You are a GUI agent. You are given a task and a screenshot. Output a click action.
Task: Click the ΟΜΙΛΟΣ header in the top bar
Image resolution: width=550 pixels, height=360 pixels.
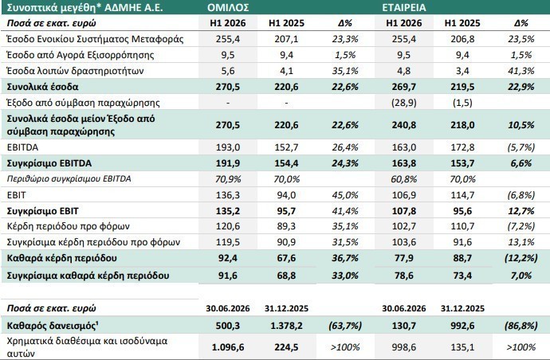228,7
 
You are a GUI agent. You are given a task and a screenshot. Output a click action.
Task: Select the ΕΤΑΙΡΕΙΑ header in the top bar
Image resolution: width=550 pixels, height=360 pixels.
404,7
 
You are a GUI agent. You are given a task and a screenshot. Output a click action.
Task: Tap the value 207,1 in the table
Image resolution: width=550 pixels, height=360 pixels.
287,39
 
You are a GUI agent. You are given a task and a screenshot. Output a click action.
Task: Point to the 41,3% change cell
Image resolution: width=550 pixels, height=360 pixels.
521,71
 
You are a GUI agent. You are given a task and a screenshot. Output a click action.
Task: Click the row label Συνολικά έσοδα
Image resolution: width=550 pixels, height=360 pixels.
43,87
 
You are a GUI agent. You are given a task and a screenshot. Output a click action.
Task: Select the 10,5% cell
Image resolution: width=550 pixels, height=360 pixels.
521,125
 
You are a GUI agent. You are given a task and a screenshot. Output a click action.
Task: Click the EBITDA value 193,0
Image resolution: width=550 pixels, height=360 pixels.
228,147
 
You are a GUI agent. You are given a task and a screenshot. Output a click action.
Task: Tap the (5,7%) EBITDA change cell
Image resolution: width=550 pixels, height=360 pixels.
521,147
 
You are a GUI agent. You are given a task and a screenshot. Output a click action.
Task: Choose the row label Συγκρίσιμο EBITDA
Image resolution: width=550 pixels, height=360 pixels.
49,163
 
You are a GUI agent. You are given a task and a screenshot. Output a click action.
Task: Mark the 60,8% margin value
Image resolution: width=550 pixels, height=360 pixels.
403,179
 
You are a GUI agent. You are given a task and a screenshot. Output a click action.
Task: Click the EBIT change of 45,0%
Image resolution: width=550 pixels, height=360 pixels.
345,195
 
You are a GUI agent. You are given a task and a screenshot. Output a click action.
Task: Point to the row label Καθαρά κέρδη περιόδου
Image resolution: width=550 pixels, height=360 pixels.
61,258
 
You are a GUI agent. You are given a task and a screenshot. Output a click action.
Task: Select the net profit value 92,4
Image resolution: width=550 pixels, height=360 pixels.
228,258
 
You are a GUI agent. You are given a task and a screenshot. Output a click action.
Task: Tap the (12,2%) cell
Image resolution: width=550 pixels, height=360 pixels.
521,258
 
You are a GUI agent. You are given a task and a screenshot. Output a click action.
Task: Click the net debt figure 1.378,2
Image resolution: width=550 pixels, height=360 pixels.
287,326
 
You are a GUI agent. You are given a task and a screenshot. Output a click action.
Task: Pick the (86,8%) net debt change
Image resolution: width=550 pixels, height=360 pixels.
521,326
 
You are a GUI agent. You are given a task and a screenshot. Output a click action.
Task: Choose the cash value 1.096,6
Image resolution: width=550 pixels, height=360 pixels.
228,347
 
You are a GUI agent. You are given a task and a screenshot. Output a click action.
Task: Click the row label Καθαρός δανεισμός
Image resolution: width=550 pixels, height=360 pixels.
53,326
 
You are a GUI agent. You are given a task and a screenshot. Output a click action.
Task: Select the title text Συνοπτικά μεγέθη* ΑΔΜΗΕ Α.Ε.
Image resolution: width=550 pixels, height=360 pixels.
84,7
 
